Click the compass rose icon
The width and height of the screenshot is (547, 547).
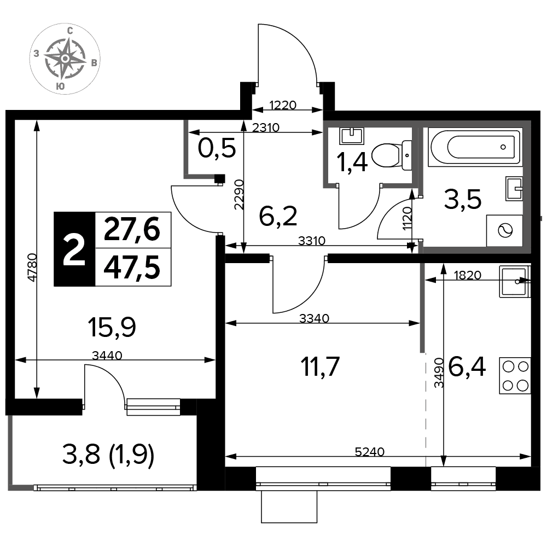[65, 59]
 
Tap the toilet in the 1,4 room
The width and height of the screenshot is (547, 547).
[392, 155]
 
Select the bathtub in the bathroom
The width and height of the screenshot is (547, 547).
[475, 147]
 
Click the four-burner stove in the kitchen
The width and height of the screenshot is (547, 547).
[515, 376]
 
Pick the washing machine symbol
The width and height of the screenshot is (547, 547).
[505, 231]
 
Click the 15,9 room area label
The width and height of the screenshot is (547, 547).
[112, 327]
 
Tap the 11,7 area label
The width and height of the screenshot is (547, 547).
[320, 366]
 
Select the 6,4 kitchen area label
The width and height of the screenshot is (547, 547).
[467, 366]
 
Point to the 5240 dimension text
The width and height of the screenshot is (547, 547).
[369, 452]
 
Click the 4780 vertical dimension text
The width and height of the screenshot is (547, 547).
[32, 267]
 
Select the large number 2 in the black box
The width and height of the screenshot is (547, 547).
[74, 249]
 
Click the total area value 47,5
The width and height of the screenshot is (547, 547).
[132, 267]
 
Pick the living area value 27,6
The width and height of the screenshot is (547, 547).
[132, 229]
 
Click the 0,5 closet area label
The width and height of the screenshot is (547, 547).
[217, 148]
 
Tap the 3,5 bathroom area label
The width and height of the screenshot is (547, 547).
[463, 199]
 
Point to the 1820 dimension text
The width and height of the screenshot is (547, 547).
[468, 275]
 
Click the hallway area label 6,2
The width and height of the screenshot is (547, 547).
[278, 216]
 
